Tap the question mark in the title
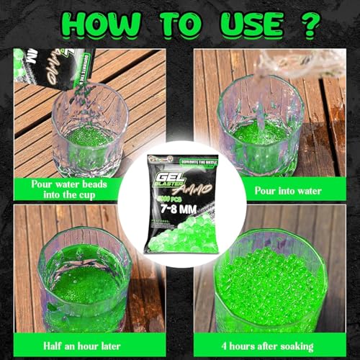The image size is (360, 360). (309, 25)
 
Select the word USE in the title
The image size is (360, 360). (248, 25)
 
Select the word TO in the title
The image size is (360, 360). (178, 25)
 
